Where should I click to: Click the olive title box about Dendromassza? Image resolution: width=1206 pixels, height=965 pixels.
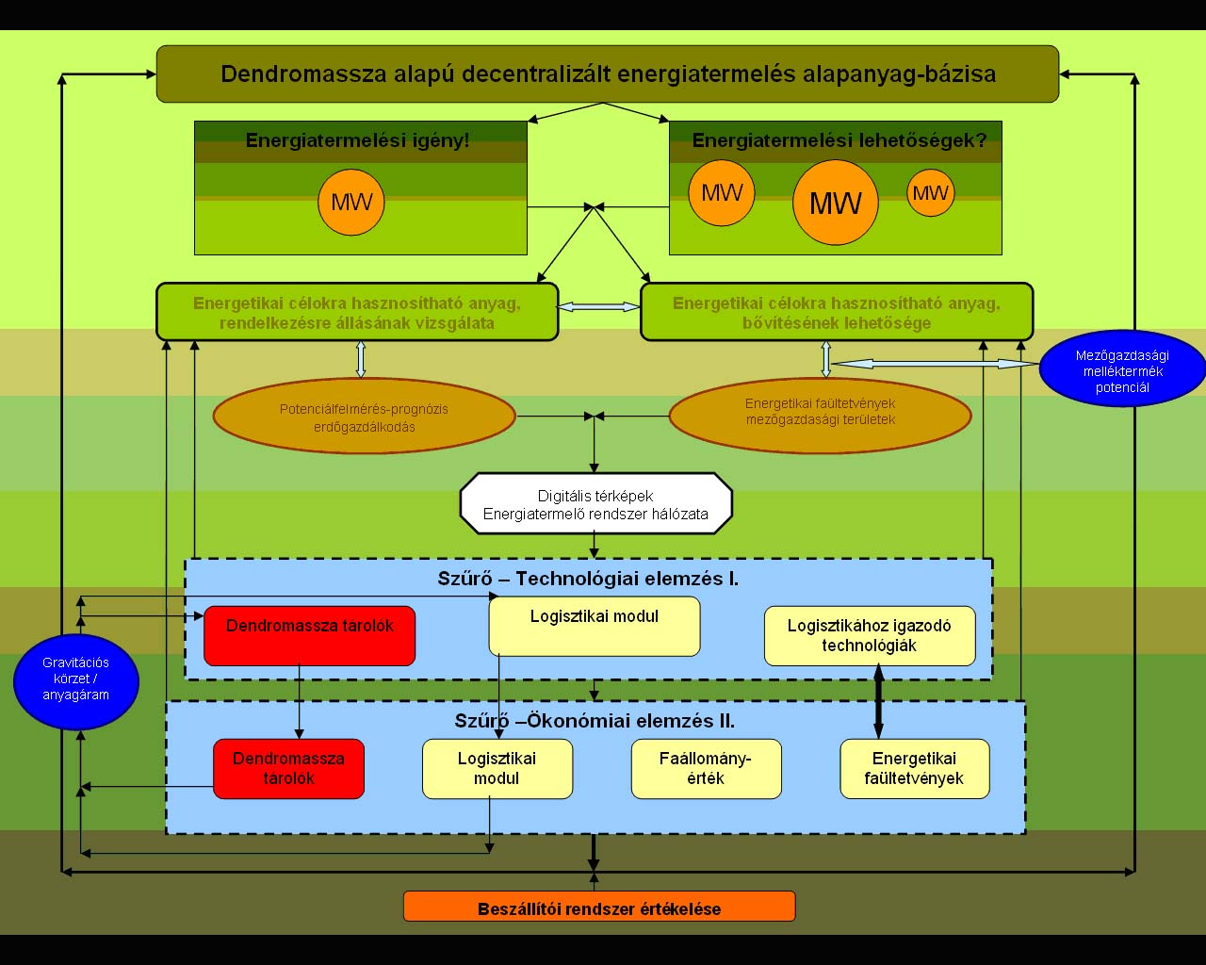(x=608, y=74)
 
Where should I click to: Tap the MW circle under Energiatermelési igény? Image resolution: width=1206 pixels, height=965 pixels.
(x=351, y=202)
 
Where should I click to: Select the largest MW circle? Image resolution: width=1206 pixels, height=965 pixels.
(x=836, y=203)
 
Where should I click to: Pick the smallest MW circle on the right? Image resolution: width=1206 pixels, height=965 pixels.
(x=931, y=193)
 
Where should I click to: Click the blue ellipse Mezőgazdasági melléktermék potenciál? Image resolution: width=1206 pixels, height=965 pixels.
(x=1122, y=371)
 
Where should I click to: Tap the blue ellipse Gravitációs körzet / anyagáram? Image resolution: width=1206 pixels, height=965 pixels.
(x=76, y=679)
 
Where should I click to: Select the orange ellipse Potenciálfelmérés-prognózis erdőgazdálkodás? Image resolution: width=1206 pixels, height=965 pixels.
(x=365, y=417)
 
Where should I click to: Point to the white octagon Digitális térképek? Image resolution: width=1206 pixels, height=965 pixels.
(x=595, y=505)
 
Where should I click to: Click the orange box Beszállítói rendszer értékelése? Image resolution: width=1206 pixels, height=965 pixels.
(x=599, y=908)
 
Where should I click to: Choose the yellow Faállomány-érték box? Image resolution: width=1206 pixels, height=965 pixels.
(x=706, y=769)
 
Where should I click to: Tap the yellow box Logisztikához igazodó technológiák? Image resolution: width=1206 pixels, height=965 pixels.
(x=870, y=636)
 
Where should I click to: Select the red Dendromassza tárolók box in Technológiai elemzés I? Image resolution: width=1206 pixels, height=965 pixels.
(x=309, y=636)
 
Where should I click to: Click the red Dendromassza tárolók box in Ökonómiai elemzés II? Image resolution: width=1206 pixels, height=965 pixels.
(x=288, y=769)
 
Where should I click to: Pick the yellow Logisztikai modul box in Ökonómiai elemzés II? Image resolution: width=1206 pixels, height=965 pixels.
(x=497, y=769)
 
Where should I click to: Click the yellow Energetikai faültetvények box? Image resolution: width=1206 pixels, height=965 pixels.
(x=914, y=769)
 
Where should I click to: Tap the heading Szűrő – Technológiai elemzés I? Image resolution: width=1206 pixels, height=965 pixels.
(x=588, y=579)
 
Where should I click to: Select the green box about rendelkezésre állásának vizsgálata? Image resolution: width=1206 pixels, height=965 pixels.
(x=357, y=312)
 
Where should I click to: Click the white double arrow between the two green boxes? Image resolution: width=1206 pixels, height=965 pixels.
(x=598, y=307)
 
